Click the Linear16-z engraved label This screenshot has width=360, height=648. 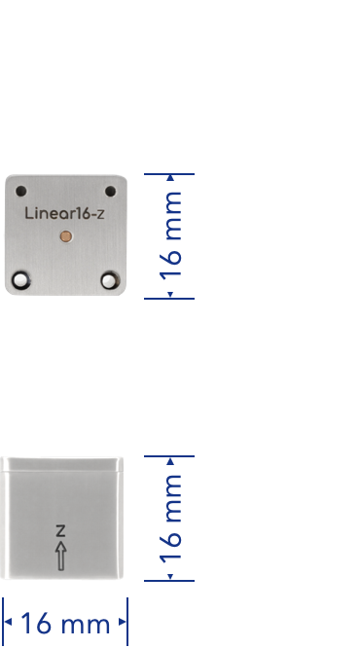64,213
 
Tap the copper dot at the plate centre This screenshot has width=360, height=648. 66,236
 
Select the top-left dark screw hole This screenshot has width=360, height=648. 21,191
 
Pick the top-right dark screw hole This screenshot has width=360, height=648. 110,191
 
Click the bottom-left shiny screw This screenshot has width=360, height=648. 20,280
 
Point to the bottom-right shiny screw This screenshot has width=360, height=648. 109,280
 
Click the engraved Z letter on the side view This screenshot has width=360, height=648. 61,530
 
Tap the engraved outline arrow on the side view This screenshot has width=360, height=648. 61,557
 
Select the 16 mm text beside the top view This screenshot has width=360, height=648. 170,236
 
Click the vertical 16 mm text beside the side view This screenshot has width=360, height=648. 170,519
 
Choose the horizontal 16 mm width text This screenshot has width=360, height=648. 65,624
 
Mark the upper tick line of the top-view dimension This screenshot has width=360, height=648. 169,174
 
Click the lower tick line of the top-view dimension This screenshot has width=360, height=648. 169,298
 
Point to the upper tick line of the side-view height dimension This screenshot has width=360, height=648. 169,456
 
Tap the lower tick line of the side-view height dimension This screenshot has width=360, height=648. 169,581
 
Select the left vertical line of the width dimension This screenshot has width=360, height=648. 3,622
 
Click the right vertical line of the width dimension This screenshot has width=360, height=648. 127,622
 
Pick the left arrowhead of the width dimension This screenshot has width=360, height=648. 8,622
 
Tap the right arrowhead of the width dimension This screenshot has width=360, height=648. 123,622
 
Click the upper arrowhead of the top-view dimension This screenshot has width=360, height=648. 170,178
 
